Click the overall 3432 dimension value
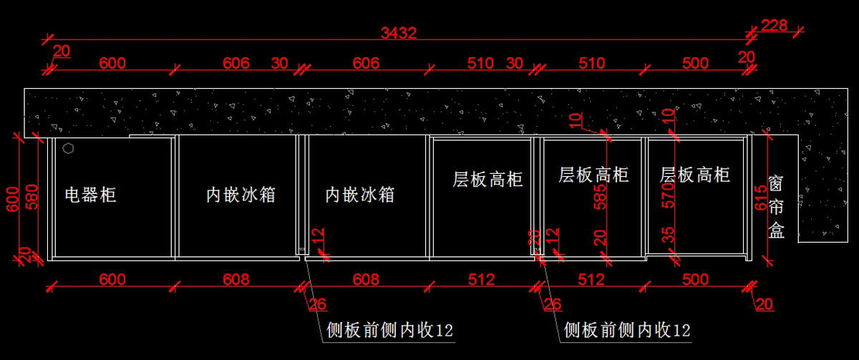[399, 34]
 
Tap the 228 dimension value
[775, 25]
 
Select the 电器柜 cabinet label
[90, 195]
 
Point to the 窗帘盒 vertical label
[776, 207]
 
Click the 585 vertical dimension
[600, 197]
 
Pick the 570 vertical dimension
[668, 195]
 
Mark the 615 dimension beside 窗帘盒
[761, 198]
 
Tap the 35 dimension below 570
[668, 235]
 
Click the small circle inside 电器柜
[68, 148]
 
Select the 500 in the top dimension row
[695, 63]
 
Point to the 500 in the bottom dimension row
[695, 280]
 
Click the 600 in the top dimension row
[112, 63]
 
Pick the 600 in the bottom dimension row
[112, 280]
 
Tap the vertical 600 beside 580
[13, 199]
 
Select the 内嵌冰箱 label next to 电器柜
[241, 195]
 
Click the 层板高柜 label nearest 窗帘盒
[695, 175]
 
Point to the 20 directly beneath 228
[746, 57]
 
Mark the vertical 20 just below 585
[600, 238]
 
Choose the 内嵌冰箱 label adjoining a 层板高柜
[359, 195]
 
